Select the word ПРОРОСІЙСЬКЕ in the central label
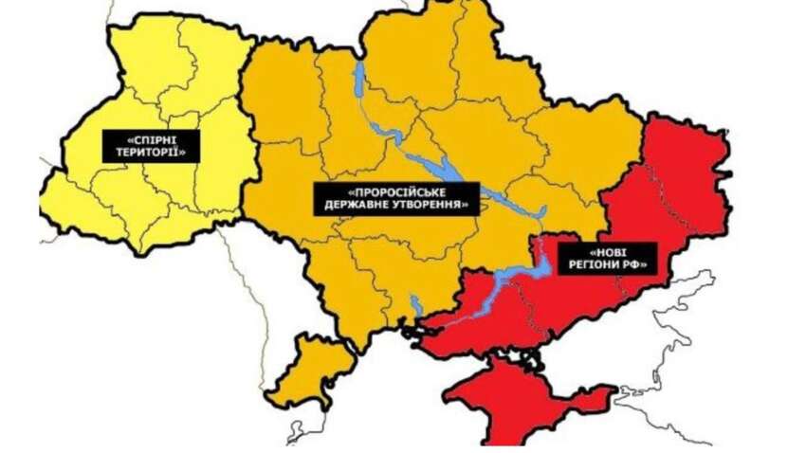point(395,191)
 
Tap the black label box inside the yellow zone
point(152,145)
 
